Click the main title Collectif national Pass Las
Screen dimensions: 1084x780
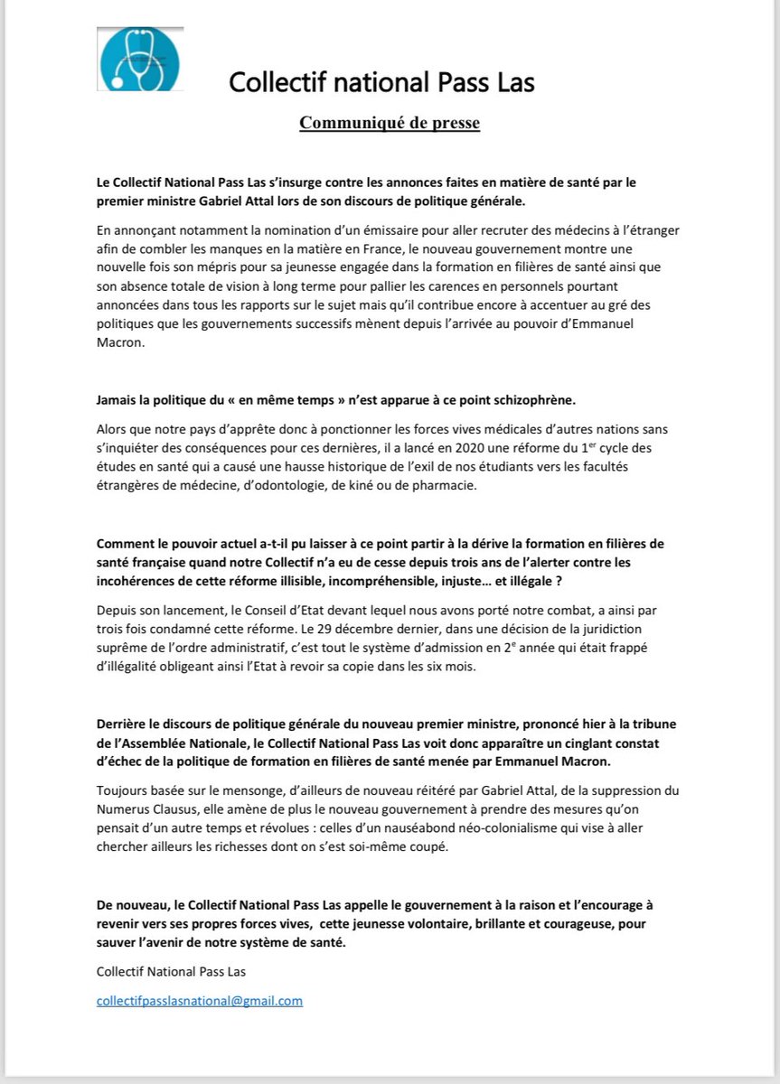coord(381,83)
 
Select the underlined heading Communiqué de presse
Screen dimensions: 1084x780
coord(390,123)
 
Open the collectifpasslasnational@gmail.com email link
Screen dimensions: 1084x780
coord(200,1001)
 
